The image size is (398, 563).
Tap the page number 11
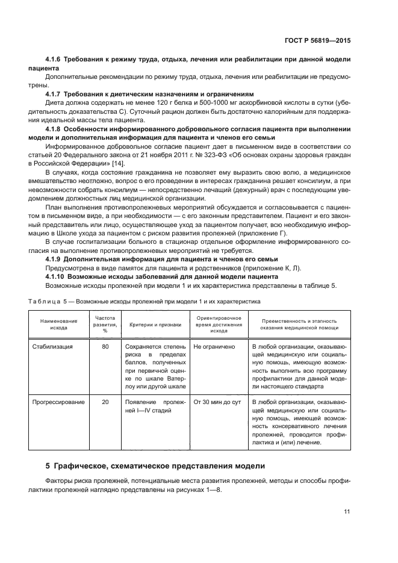click(x=347, y=511)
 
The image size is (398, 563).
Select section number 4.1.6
click(x=55, y=60)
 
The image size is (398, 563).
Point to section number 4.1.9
click(x=55, y=259)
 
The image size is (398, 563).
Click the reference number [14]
click(x=117, y=164)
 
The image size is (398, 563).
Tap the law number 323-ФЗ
click(x=223, y=155)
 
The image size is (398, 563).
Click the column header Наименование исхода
click(x=58, y=325)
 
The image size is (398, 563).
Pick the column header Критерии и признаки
click(x=155, y=325)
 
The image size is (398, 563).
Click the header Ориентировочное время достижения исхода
click(x=219, y=324)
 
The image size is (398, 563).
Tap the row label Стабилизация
click(x=53, y=347)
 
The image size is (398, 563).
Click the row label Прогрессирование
click(x=59, y=402)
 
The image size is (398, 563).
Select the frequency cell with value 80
click(x=105, y=347)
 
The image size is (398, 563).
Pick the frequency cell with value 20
click(x=105, y=402)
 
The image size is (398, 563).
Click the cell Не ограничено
click(x=214, y=347)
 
